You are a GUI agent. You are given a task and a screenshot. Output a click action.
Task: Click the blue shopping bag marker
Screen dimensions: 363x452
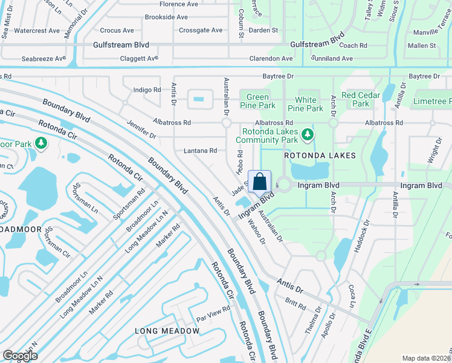(x=259, y=181)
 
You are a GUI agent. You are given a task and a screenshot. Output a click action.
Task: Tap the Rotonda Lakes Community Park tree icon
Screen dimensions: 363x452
(x=308, y=134)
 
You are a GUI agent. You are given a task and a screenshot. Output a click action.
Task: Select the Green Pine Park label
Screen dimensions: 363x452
(x=257, y=101)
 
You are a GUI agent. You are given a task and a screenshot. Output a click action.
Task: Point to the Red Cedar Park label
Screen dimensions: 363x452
(x=361, y=99)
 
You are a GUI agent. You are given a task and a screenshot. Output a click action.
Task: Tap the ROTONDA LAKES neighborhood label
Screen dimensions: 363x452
(x=320, y=155)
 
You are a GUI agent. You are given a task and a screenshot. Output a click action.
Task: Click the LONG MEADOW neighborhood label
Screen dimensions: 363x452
(x=167, y=331)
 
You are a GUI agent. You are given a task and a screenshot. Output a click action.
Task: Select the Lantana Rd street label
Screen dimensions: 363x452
(x=201, y=151)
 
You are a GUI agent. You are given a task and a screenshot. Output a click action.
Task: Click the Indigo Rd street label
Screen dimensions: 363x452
(x=147, y=90)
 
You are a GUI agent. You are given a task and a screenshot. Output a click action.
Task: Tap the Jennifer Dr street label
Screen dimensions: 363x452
(x=142, y=129)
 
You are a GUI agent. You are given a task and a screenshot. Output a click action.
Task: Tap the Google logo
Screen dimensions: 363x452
(x=20, y=356)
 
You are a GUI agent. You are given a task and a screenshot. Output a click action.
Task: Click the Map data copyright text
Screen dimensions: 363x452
(x=426, y=358)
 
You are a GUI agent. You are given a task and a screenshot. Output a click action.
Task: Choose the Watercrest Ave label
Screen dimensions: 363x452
(x=37, y=30)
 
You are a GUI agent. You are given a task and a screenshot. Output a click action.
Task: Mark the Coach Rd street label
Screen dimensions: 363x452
(x=354, y=45)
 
